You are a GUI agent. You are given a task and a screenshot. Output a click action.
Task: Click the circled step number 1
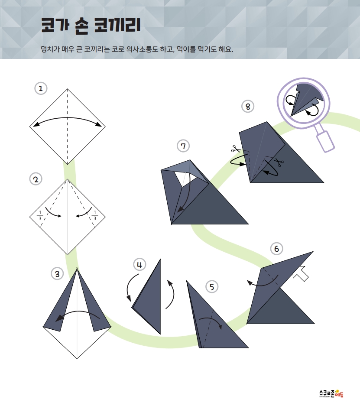[x=41, y=88]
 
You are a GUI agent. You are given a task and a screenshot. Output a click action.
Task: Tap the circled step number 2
[x=36, y=179]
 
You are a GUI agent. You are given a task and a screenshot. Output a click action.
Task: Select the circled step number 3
[x=57, y=274]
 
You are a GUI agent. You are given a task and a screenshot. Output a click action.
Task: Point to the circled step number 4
[x=139, y=265]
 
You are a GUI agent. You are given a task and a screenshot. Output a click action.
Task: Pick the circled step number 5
[x=212, y=287]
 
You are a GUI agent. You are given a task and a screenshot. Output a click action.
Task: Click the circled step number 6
[x=276, y=249]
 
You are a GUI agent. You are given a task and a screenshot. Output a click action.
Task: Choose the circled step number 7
[x=183, y=146]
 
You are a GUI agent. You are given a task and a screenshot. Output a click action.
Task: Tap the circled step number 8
[x=248, y=107]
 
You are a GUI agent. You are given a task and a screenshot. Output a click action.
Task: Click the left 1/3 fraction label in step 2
[x=40, y=215]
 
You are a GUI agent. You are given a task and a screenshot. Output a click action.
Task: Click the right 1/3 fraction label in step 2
[x=95, y=215]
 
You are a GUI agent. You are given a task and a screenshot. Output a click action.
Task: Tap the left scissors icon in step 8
[x=236, y=149]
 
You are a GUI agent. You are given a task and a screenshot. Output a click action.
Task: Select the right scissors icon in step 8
[x=279, y=162]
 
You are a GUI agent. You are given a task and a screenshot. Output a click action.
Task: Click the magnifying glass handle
[x=325, y=141]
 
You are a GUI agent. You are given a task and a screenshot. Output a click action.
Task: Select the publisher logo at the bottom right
[x=331, y=393]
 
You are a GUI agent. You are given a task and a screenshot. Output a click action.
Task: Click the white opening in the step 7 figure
[x=185, y=178]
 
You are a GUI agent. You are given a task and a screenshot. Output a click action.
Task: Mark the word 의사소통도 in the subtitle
[x=142, y=49]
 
